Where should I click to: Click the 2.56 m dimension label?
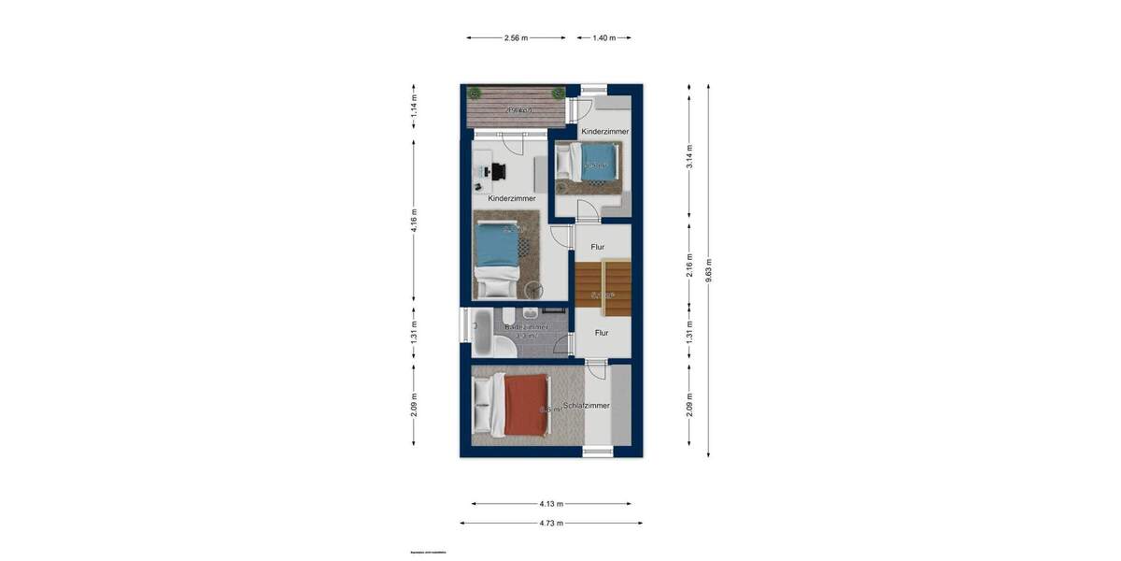pyautogui.click(x=516, y=38)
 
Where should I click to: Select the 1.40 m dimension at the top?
pyautogui.click(x=605, y=38)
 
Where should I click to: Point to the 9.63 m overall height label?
pyautogui.click(x=709, y=269)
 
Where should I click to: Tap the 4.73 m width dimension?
pyautogui.click(x=550, y=523)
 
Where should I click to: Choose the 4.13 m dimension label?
pyautogui.click(x=550, y=504)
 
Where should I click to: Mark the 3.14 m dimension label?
pyautogui.click(x=689, y=155)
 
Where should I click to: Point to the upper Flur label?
pyautogui.click(x=598, y=247)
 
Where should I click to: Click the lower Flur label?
pyautogui.click(x=602, y=332)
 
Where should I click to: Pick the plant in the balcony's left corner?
pyautogui.click(x=475, y=92)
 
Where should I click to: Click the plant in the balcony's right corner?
pyautogui.click(x=558, y=92)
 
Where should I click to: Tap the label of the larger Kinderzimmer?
pyautogui.click(x=512, y=199)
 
